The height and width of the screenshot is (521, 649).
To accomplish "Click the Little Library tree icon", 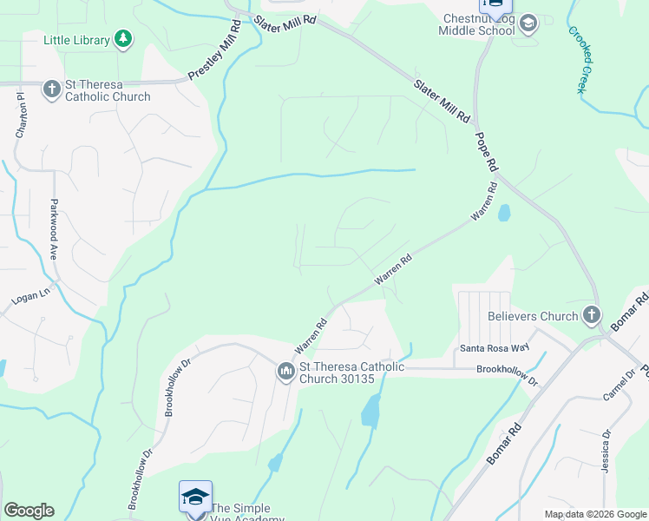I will click(123, 39).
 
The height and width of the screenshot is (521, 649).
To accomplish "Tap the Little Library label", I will click(77, 40).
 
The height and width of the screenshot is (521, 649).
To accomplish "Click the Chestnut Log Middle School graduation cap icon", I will click(528, 24).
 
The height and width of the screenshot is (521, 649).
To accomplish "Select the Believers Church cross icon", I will click(592, 316).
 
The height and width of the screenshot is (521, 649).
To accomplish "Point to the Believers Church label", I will click(533, 317).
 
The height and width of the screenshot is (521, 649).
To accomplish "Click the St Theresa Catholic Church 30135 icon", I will click(286, 372).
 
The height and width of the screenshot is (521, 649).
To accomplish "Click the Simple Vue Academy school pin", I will click(195, 498).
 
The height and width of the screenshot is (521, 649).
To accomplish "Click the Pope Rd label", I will click(487, 150).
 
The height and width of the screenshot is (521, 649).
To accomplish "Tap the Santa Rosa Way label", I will click(495, 348).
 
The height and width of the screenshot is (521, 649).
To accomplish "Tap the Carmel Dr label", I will click(622, 384).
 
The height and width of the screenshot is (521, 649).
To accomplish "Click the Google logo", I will click(28, 511).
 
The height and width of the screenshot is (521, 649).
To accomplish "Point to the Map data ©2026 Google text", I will click(594, 514).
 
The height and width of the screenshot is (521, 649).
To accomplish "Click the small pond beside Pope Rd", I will click(504, 212).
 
